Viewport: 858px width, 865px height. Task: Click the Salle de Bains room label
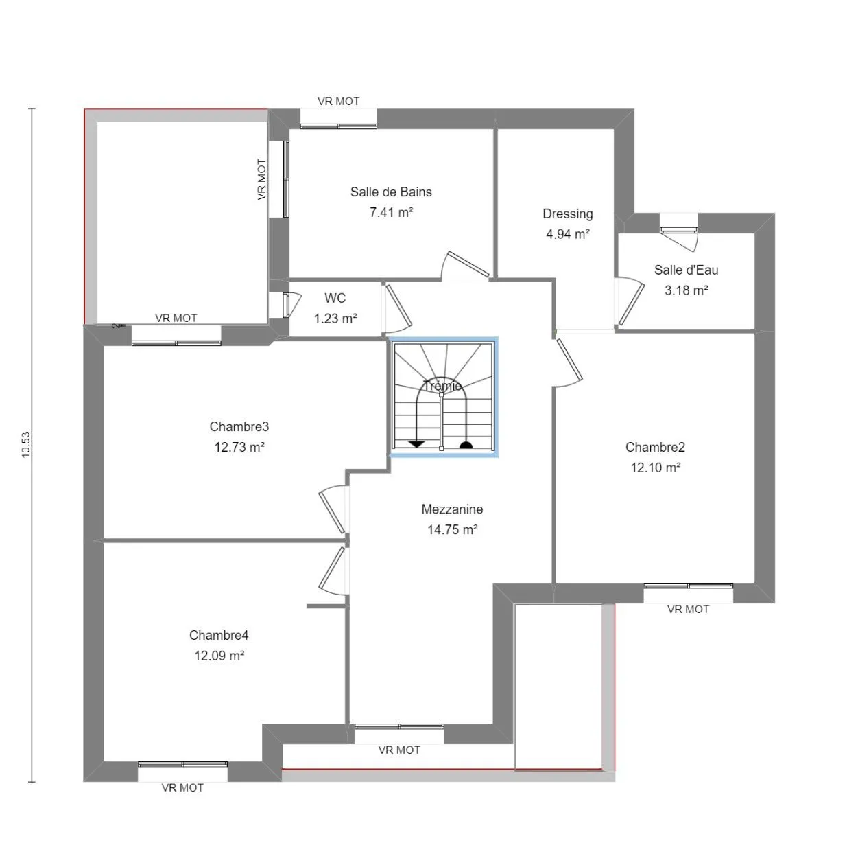pyautogui.click(x=391, y=192)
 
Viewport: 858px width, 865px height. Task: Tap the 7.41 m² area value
pyautogui.click(x=391, y=212)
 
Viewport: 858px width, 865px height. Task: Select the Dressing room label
pyautogui.click(x=567, y=214)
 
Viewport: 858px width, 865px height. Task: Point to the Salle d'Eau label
pyautogui.click(x=686, y=270)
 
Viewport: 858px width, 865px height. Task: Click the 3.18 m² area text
pyautogui.click(x=686, y=290)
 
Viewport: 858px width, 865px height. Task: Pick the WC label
pyautogui.click(x=335, y=298)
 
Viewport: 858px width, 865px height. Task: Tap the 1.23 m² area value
pyautogui.click(x=335, y=319)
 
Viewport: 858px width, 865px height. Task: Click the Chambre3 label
pyautogui.click(x=239, y=426)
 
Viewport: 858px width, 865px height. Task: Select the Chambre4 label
pyautogui.click(x=218, y=635)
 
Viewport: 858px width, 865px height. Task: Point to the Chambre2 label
pyautogui.click(x=655, y=447)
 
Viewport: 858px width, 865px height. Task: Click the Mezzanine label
pyautogui.click(x=452, y=509)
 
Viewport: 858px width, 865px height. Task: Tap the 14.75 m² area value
pyautogui.click(x=452, y=529)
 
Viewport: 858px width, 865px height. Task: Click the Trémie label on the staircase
pyautogui.click(x=442, y=386)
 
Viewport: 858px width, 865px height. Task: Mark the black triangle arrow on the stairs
pyautogui.click(x=417, y=444)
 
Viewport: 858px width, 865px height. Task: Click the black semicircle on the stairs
pyautogui.click(x=466, y=445)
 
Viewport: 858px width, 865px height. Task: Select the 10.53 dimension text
pyautogui.click(x=25, y=445)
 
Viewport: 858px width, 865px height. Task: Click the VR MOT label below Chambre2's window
pyautogui.click(x=688, y=609)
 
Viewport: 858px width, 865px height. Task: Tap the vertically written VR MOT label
pyautogui.click(x=261, y=179)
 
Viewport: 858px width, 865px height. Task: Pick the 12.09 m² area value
pyautogui.click(x=219, y=656)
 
